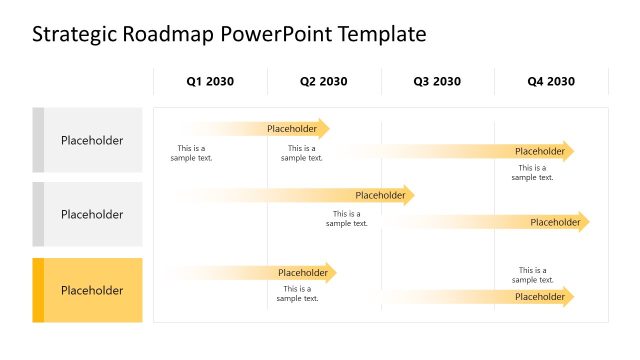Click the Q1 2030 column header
pos(210,81)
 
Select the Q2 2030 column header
pos(324,81)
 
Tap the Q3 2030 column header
pos(437,81)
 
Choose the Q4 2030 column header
pos(551,81)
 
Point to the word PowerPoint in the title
pos(273,35)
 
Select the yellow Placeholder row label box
pos(92,290)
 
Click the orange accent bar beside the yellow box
pos(38,290)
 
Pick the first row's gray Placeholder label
pos(92,140)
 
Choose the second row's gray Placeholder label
pos(92,214)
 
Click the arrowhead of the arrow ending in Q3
pos(410,196)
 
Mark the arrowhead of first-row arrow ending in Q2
pos(325,128)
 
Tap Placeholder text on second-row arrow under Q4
pos(555,222)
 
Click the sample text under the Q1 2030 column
pos(191,153)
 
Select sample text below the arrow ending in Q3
pos(347,218)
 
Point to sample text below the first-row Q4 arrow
pos(532,173)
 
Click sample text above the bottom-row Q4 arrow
pos(532,275)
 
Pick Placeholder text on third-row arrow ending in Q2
pos(303,273)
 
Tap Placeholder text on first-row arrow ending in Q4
pos(540,151)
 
